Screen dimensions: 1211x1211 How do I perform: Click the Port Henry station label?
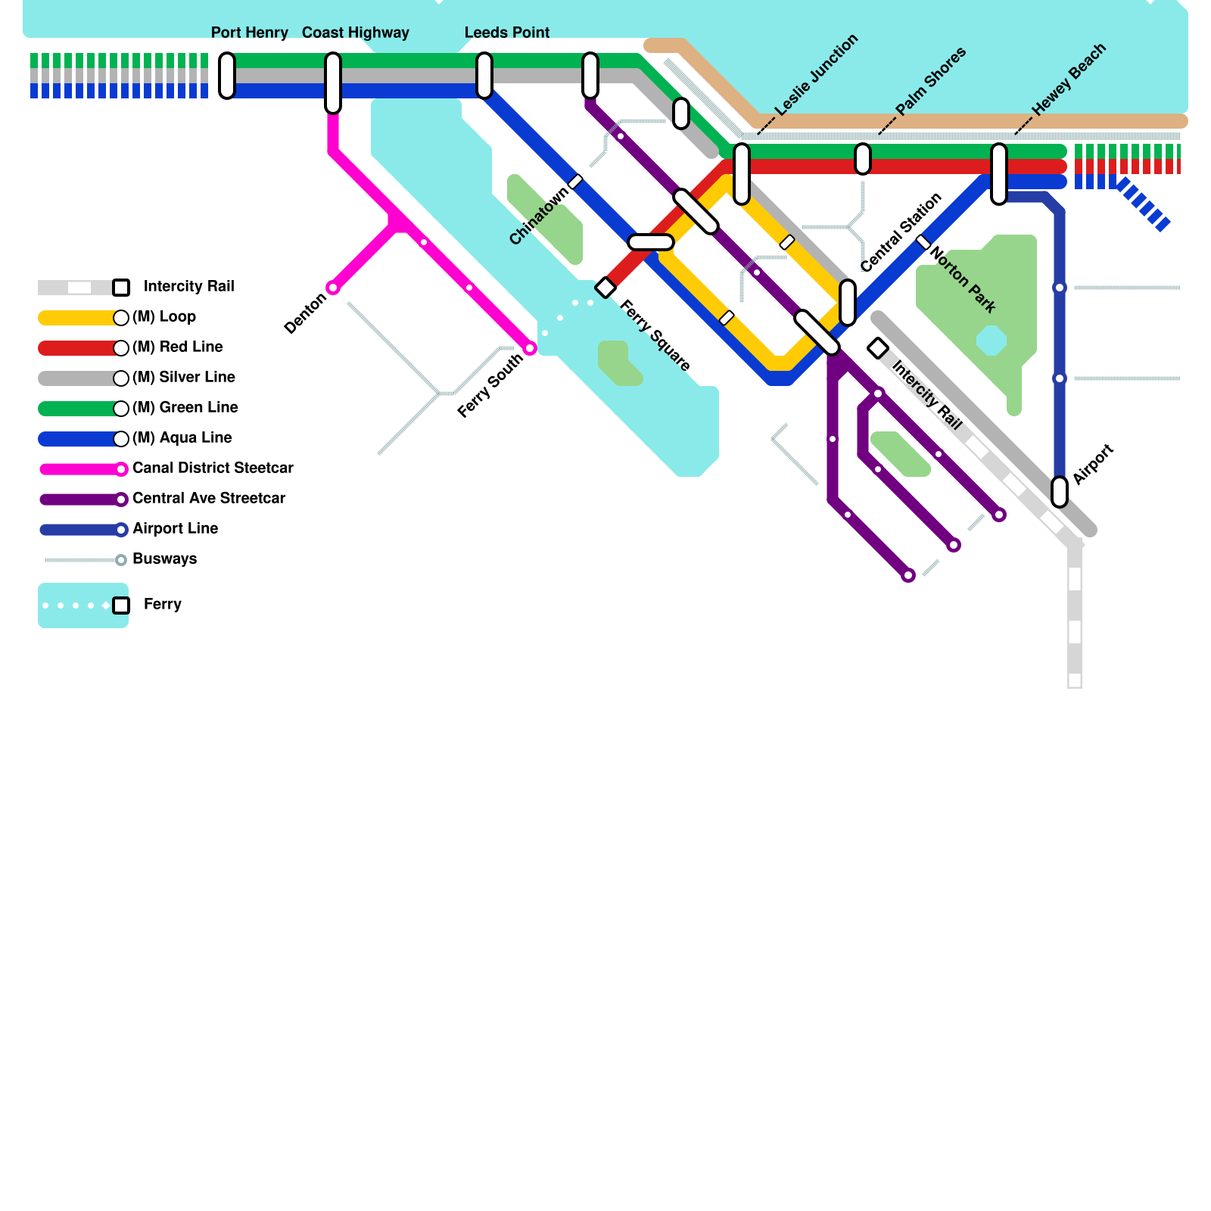(249, 33)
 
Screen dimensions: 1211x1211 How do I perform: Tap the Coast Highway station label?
(355, 33)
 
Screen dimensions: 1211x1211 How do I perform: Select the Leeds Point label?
(506, 33)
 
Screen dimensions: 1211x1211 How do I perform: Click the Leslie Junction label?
(817, 74)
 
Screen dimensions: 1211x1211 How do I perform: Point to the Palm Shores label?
(931, 81)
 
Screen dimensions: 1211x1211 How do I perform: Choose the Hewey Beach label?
(1069, 79)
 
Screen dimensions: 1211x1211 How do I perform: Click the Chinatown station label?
(538, 216)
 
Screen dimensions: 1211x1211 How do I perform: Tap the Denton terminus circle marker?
(333, 288)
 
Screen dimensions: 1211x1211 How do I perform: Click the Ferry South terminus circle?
(530, 348)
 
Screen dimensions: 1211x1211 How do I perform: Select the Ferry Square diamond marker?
(605, 288)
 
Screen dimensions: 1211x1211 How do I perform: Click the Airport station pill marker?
(1060, 492)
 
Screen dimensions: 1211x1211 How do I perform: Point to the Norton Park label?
(963, 279)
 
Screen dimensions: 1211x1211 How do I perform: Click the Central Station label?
(901, 232)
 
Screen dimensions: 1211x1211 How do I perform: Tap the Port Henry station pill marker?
(227, 76)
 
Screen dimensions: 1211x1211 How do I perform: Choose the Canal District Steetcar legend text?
(213, 468)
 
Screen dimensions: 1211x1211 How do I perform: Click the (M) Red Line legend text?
(178, 347)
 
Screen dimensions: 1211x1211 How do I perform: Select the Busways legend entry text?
(164, 559)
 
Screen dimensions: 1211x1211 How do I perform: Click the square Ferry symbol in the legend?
(121, 605)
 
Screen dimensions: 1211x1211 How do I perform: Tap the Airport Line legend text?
(175, 528)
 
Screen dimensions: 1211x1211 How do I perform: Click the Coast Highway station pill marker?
(333, 83)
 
